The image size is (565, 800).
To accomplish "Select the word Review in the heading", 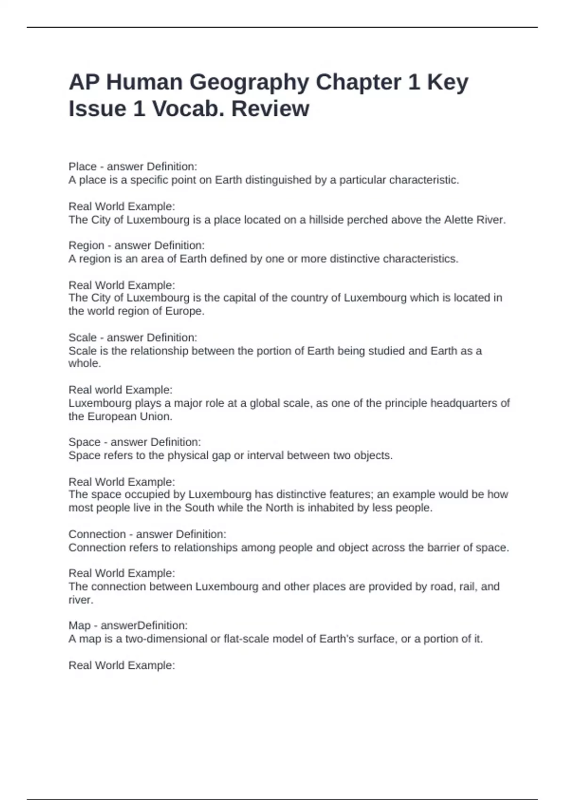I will click(x=270, y=109).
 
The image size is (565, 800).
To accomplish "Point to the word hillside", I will click(x=326, y=220).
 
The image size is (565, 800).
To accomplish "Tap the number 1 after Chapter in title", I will click(x=414, y=82).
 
